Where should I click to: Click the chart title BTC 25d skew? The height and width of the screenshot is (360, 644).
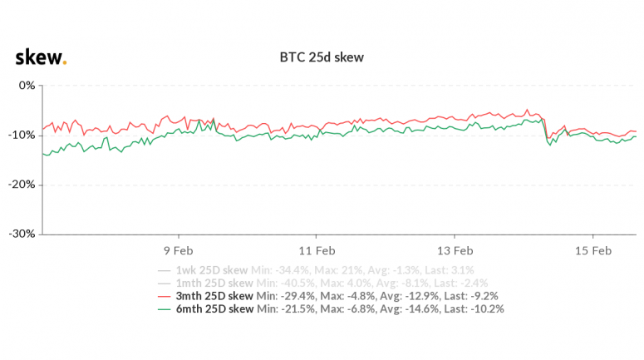322,58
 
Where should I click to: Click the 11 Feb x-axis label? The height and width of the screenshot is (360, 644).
317,249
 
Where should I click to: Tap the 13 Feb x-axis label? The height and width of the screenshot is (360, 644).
455,249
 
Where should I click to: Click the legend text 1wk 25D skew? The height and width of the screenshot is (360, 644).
211,270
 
